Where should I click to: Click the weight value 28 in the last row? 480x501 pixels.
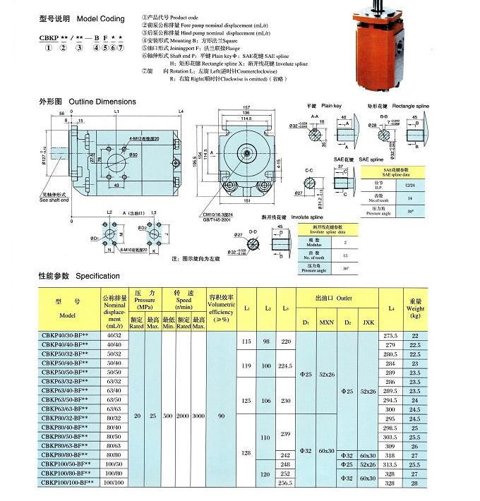coord(435,483)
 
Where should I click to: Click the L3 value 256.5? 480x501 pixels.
coord(285,483)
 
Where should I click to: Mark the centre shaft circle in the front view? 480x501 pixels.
coord(250,151)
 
